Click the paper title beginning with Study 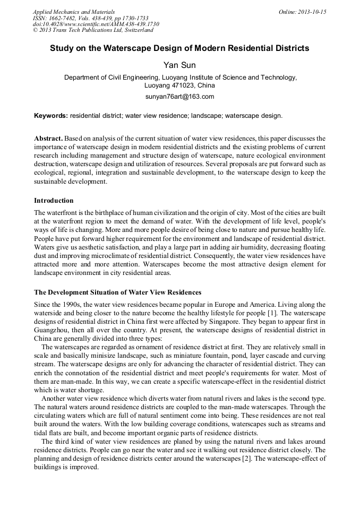(179, 48)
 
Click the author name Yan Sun (179, 65)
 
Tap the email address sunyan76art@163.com (179, 97)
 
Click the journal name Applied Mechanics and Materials (74, 12)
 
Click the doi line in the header (96, 24)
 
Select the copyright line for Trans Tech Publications (93, 30)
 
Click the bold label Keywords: (51, 115)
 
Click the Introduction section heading (54, 201)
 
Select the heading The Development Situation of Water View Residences (118, 292)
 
